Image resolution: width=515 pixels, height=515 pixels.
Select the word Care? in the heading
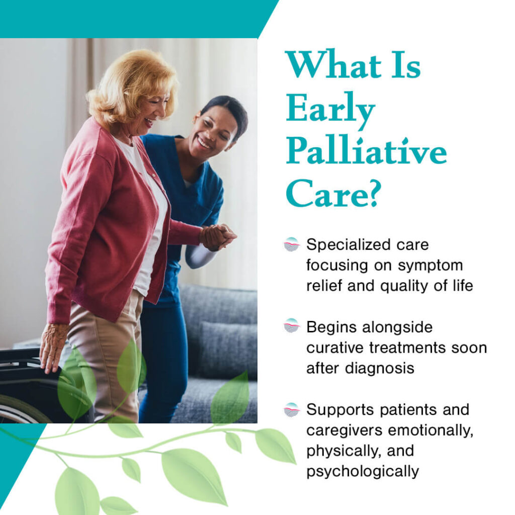[333, 193]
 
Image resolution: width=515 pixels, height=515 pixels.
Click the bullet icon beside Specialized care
[292, 244]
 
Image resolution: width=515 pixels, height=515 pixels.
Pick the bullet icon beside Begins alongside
[292, 326]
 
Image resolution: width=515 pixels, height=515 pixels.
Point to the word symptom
[431, 266]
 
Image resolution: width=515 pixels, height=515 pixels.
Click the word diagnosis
[379, 369]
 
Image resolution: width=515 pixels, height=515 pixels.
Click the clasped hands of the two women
[217, 236]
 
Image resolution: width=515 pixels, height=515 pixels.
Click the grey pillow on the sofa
[228, 350]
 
